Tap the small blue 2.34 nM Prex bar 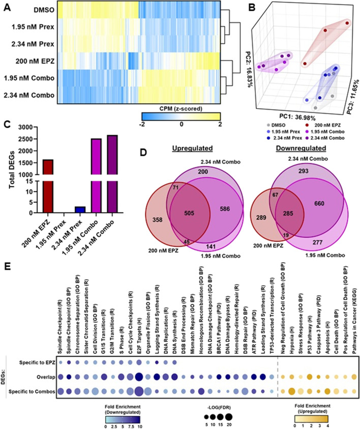[x=80, y=209]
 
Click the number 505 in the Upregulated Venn [x=189, y=213]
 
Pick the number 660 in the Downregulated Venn [x=319, y=203]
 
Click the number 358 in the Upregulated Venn [x=157, y=220]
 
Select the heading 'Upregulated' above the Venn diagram [x=192, y=148]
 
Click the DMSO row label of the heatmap [x=44, y=10]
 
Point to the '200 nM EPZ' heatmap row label [x=35, y=61]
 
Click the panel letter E [x=7, y=266]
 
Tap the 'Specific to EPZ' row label [x=37, y=363]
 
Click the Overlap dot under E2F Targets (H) [x=139, y=377]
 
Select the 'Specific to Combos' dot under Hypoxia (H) [x=291, y=392]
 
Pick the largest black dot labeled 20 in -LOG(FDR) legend [x=229, y=417]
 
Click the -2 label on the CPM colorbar [x=142, y=124]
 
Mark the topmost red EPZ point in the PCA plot [x=347, y=23]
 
